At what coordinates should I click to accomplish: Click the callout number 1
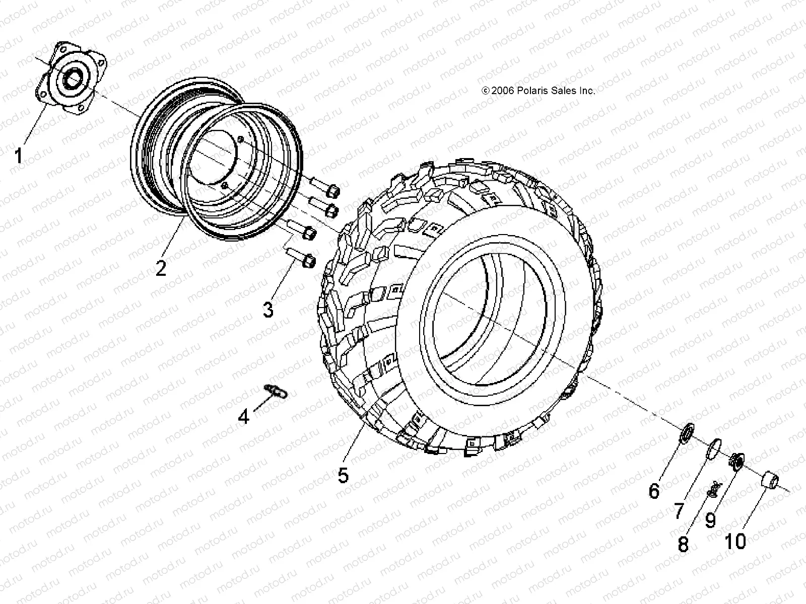tap(18, 156)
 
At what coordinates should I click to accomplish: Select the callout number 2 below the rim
tap(161, 268)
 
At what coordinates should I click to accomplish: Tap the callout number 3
tap(268, 309)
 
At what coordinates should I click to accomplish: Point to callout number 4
tap(244, 416)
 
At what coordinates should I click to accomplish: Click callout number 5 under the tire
tap(343, 475)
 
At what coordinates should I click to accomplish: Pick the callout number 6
tap(654, 491)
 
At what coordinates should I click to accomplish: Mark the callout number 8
tap(683, 544)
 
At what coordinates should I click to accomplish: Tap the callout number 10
tap(735, 542)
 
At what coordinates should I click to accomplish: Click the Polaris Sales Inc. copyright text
tap(539, 91)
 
